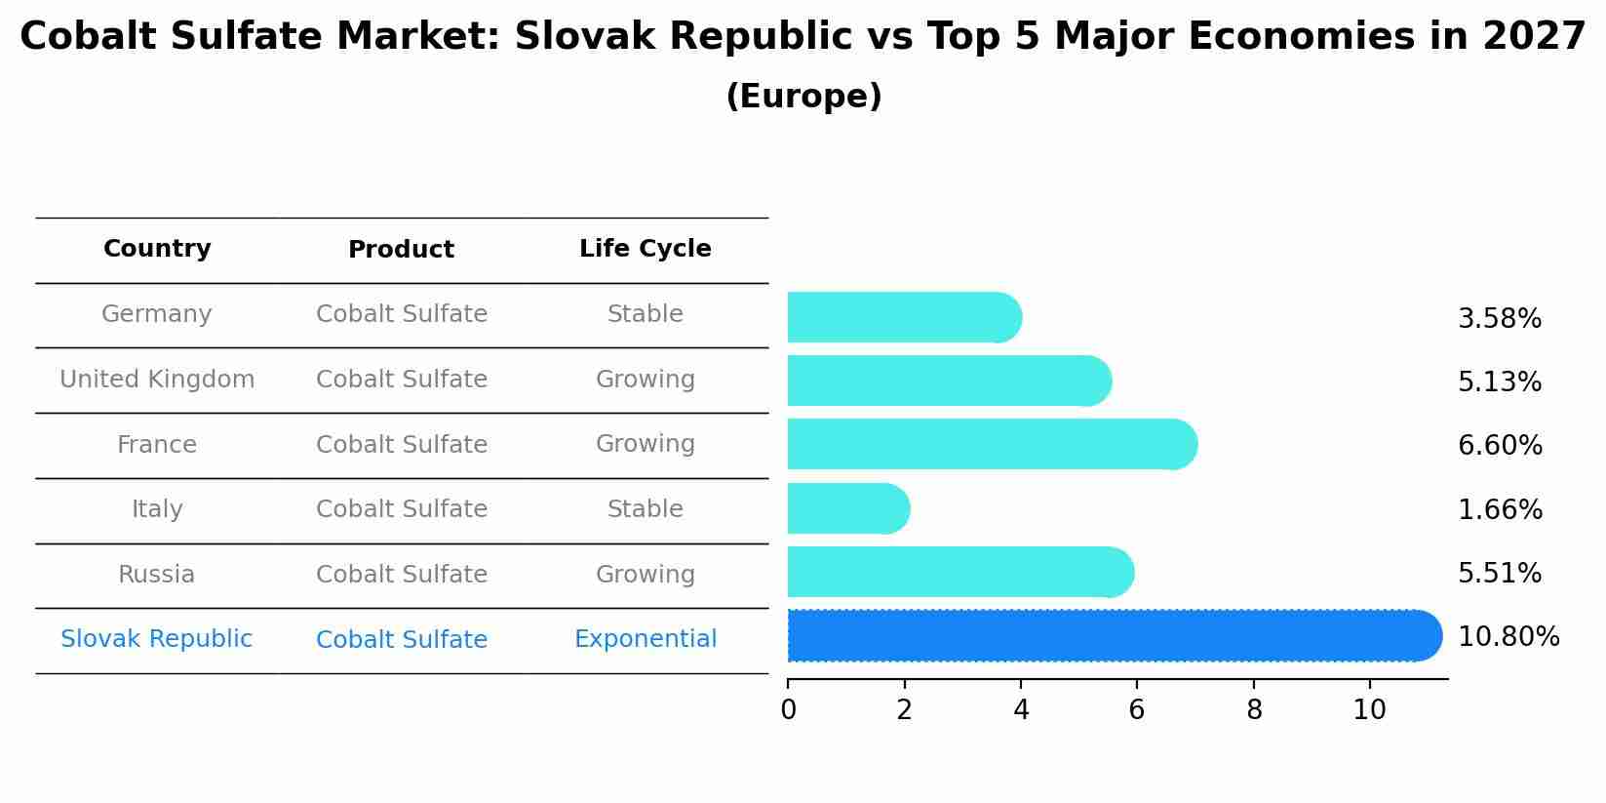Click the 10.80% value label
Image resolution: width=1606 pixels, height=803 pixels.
[1508, 637]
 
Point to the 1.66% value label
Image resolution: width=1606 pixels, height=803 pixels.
[1500, 509]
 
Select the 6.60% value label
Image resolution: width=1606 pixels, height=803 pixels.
[1500, 446]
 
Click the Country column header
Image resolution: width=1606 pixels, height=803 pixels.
[157, 249]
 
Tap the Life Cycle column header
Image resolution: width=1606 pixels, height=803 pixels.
[645, 249]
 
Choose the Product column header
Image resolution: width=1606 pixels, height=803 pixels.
[401, 250]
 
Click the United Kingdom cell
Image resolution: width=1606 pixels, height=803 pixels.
[157, 380]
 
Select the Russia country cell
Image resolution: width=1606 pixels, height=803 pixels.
[157, 575]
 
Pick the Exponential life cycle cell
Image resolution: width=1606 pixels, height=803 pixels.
[645, 639]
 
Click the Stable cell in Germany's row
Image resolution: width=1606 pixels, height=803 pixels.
[645, 314]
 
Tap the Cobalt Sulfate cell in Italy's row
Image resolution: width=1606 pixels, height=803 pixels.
[401, 509]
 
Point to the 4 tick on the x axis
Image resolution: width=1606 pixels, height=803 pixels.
[1021, 709]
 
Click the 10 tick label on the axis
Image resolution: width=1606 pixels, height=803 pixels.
[1369, 709]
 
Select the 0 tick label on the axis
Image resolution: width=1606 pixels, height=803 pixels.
[788, 709]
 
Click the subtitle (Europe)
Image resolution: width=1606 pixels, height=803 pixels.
[803, 97]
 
